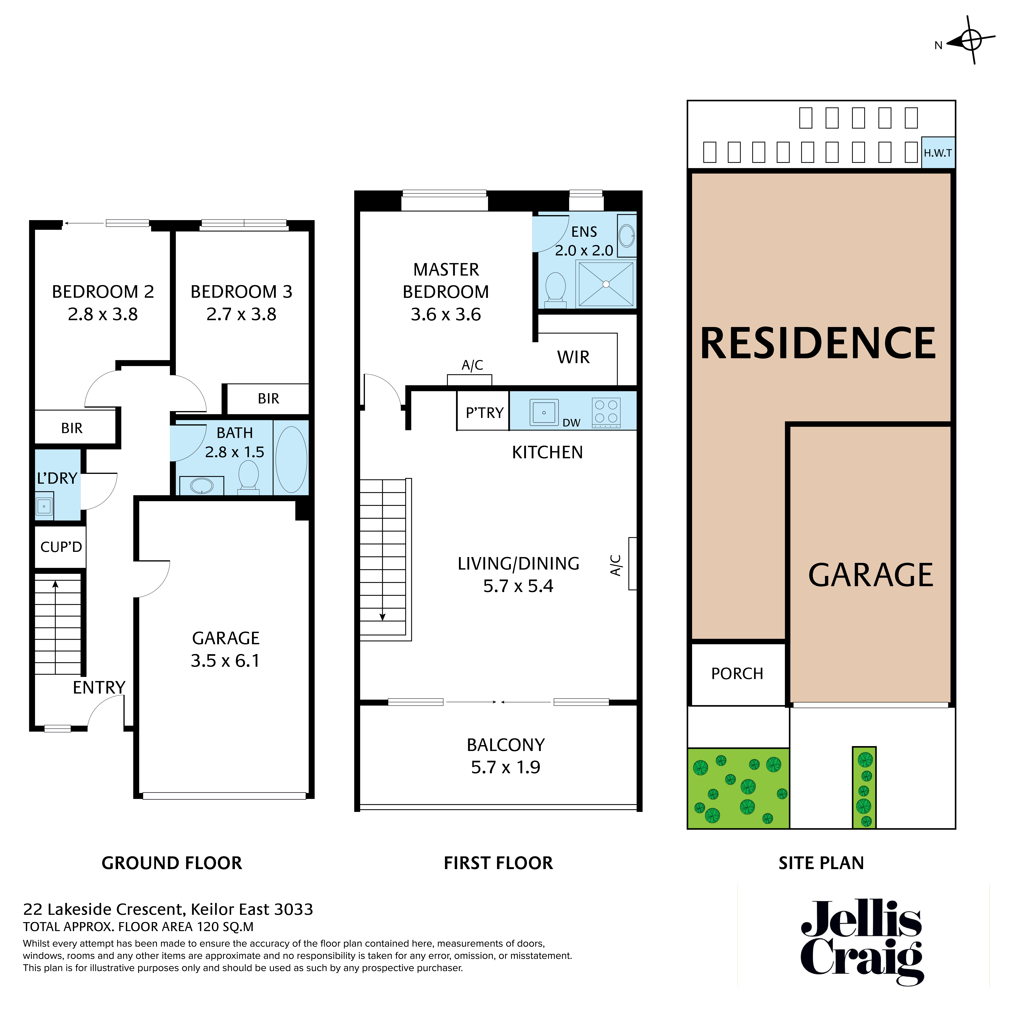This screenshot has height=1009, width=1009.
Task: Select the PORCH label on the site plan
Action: click(x=737, y=674)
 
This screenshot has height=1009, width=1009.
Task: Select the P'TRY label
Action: click(x=484, y=413)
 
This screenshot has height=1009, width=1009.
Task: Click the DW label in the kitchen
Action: click(x=571, y=423)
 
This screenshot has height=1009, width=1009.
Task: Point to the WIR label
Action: click(x=573, y=357)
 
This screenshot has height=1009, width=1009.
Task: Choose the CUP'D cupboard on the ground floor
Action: click(x=61, y=547)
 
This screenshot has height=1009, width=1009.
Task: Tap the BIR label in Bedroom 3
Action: click(x=268, y=398)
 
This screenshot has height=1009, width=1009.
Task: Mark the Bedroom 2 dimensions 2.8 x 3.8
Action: click(x=103, y=314)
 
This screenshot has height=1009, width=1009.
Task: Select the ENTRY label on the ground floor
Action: click(x=99, y=687)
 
